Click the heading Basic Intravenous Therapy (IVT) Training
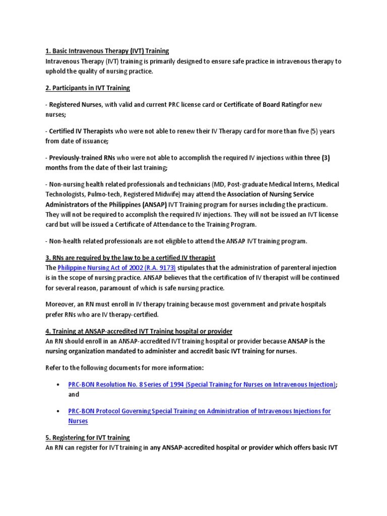[107, 51]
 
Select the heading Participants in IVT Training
[87, 88]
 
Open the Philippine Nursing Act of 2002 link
[116, 268]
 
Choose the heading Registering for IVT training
[87, 437]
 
